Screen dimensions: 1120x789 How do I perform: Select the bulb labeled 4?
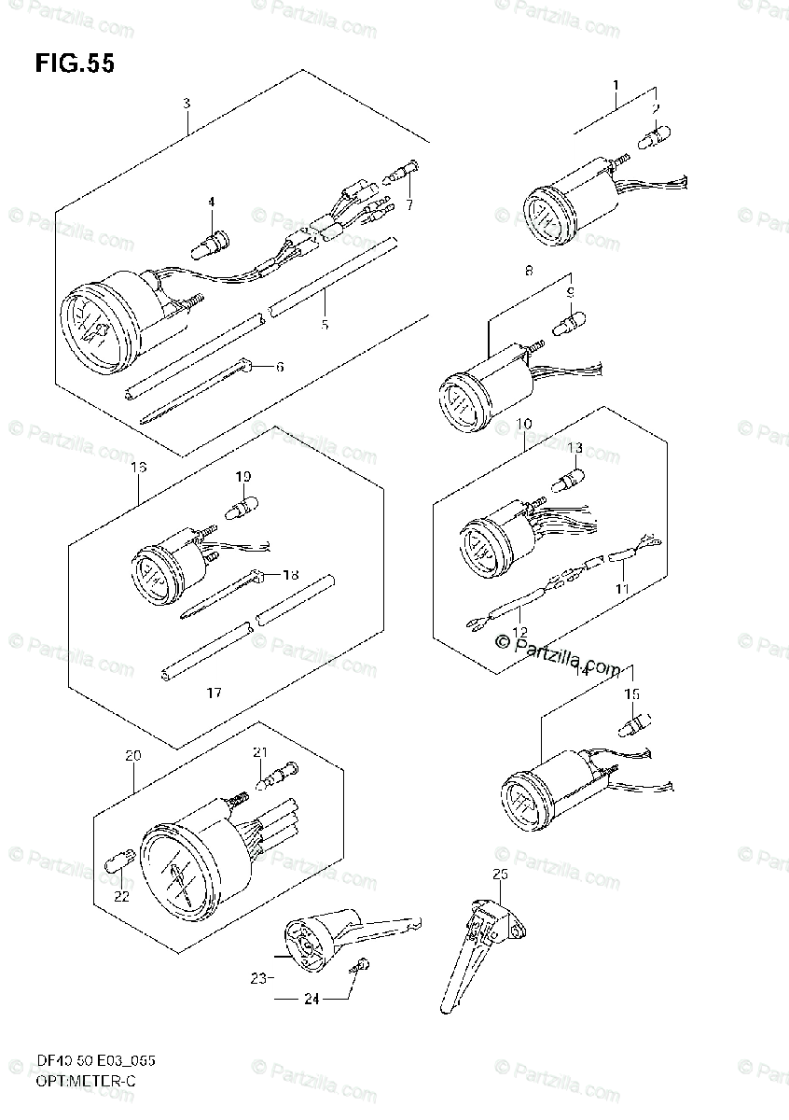(207, 245)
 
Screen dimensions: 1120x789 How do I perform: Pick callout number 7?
(408, 204)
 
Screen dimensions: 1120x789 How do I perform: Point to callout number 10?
(524, 426)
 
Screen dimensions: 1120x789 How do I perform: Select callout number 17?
(214, 693)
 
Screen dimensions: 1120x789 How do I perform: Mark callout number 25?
(500, 875)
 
